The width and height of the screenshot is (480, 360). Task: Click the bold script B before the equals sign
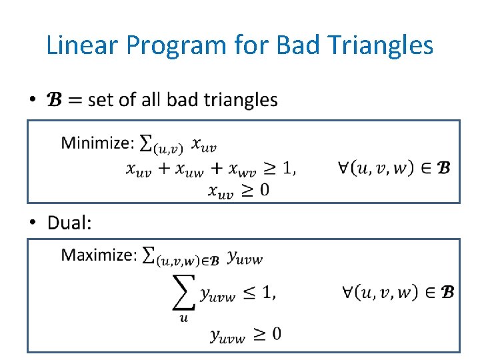pyautogui.click(x=53, y=100)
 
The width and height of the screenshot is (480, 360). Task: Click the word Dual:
pyautogui.click(x=69, y=223)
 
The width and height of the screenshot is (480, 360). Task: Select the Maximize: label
pyautogui.click(x=99, y=255)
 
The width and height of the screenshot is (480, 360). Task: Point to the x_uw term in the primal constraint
pyautogui.click(x=189, y=169)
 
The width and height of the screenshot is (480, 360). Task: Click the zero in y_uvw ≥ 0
pyautogui.click(x=275, y=333)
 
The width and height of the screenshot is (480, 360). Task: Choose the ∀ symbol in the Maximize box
pyautogui.click(x=349, y=291)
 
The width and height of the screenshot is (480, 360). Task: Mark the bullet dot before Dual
pyautogui.click(x=33, y=223)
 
